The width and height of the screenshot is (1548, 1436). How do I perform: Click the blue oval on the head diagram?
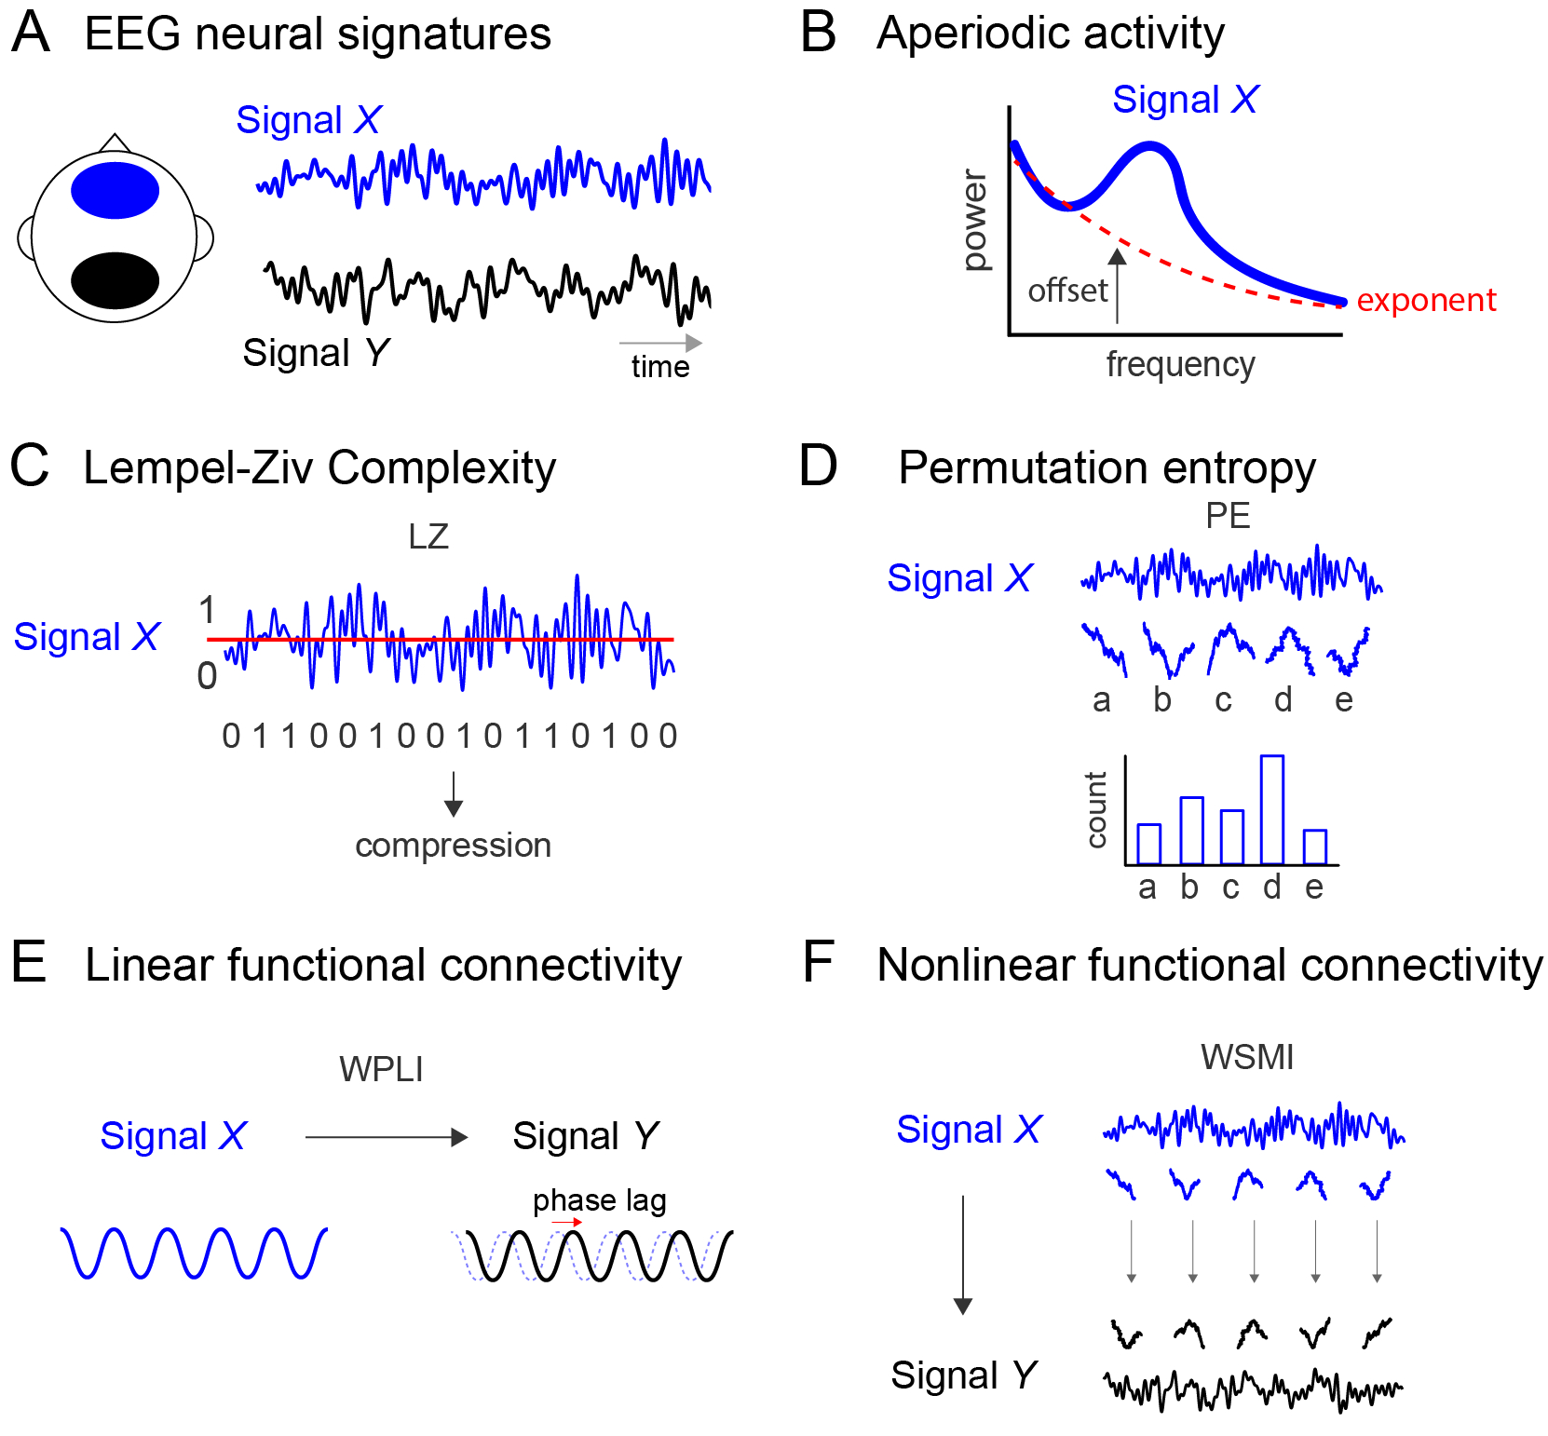click(x=115, y=190)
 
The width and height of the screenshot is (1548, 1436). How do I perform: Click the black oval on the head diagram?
click(x=115, y=280)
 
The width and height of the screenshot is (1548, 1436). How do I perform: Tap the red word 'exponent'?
click(x=1425, y=300)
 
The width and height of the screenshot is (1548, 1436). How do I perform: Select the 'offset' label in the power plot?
click(x=1067, y=291)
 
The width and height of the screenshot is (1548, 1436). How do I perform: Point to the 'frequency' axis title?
click(x=1180, y=364)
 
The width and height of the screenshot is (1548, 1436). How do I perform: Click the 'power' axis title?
click(x=974, y=221)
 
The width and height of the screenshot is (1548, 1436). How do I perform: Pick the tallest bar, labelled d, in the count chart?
click(x=1271, y=809)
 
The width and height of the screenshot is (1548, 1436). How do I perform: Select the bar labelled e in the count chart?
click(x=1314, y=847)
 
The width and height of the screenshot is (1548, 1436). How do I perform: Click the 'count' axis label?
click(x=1096, y=809)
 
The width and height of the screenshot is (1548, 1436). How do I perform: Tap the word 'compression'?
click(x=453, y=845)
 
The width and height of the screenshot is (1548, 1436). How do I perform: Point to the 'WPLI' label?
click(x=381, y=1069)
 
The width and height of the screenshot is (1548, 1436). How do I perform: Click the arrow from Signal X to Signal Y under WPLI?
click(x=386, y=1137)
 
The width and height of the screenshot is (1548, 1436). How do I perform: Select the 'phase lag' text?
click(x=599, y=1200)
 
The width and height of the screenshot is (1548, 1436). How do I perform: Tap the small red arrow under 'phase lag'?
click(x=566, y=1222)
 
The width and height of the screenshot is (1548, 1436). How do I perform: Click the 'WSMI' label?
click(x=1246, y=1057)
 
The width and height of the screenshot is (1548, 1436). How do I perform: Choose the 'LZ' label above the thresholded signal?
click(x=428, y=536)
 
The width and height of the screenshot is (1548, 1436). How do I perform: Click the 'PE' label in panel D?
click(x=1228, y=516)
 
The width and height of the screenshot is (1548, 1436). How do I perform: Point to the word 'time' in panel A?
click(x=660, y=367)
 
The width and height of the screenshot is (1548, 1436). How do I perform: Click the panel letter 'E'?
click(x=29, y=963)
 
